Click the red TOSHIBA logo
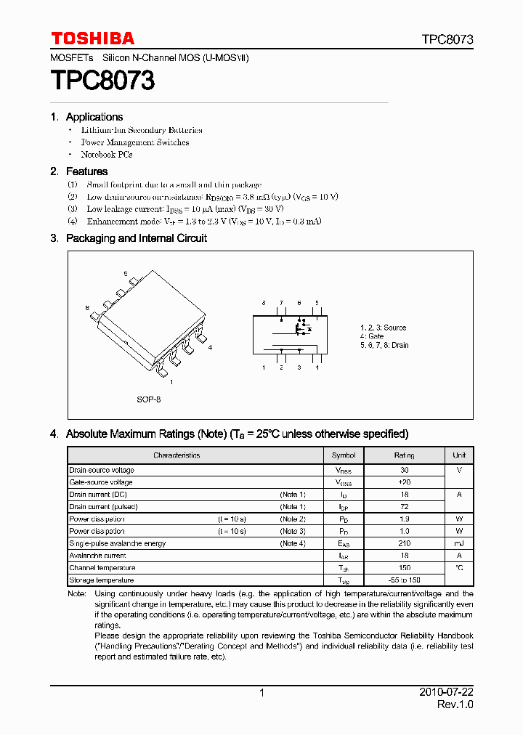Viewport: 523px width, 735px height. point(92,38)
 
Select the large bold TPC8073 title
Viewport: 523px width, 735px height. point(102,80)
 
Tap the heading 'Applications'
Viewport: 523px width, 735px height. point(94,117)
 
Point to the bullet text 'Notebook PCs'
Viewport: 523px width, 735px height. point(106,155)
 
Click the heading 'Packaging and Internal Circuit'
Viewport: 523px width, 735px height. point(136,238)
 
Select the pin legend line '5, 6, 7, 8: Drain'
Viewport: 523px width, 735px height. point(384,346)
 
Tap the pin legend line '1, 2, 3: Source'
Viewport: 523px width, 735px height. point(384,328)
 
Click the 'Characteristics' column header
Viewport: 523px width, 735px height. point(177,455)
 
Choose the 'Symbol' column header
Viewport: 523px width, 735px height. point(344,455)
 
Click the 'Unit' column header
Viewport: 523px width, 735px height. point(459,455)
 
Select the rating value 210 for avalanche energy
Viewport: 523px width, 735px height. point(405,543)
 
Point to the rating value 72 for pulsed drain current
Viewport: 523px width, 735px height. point(405,507)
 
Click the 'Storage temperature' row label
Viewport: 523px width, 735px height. point(101,580)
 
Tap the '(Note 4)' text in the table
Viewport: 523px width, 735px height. point(293,543)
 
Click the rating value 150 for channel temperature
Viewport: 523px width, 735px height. point(405,568)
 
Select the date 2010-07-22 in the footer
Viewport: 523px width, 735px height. point(445,693)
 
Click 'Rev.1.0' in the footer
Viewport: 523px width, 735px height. point(455,705)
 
